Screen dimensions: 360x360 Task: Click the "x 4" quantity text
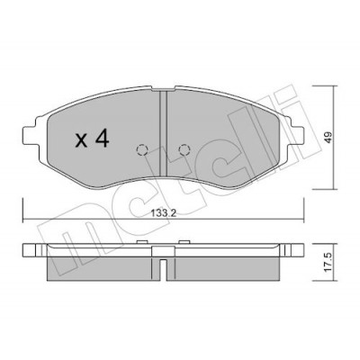tap(92, 139)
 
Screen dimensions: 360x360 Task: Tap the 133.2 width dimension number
tap(163, 213)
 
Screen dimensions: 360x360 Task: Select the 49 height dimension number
tap(328, 138)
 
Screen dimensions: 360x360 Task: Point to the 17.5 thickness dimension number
tap(328, 262)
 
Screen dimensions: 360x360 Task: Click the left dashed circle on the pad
tap(141, 149)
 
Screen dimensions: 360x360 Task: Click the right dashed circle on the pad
tap(184, 149)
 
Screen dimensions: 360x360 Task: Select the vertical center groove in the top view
tap(163, 134)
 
